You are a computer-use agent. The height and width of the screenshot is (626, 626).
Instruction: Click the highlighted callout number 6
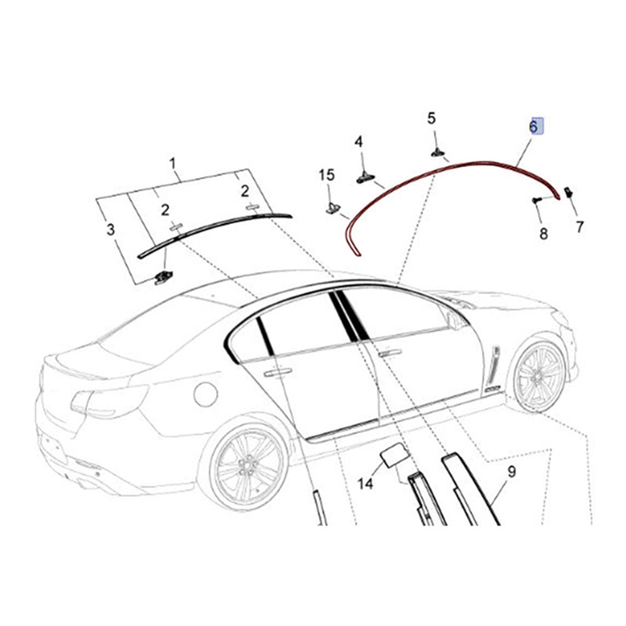click(x=533, y=127)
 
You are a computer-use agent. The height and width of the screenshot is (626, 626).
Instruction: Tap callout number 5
click(x=431, y=118)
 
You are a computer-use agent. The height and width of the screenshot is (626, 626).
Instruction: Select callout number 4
click(x=359, y=141)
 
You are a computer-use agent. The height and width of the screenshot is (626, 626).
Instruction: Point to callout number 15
click(x=327, y=175)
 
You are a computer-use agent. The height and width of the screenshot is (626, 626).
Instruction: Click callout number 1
click(x=173, y=163)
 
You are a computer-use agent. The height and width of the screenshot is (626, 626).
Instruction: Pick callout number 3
click(x=111, y=230)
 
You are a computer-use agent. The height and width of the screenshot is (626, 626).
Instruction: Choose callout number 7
click(x=580, y=227)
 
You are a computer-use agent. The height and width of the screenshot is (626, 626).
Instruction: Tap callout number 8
click(x=543, y=233)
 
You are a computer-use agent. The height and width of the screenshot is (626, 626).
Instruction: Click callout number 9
click(x=512, y=472)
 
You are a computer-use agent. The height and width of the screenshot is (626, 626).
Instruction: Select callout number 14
click(x=365, y=484)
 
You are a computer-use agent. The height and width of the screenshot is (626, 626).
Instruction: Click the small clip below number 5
click(x=438, y=153)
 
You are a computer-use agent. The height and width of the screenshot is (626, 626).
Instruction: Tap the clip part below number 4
click(x=365, y=178)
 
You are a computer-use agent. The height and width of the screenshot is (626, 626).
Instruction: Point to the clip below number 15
click(x=333, y=208)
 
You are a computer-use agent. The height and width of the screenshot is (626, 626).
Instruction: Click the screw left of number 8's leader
click(x=536, y=200)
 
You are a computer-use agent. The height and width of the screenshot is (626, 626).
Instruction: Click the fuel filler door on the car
click(x=205, y=394)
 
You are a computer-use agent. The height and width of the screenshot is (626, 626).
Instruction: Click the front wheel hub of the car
click(x=538, y=376)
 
